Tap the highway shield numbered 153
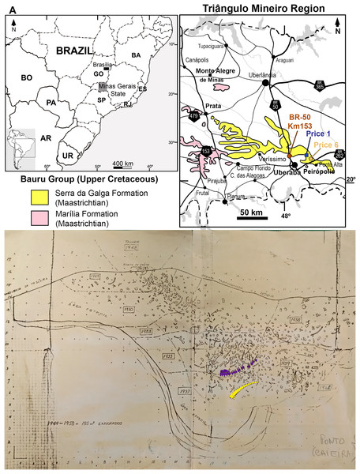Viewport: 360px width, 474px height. pos(206,151)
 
